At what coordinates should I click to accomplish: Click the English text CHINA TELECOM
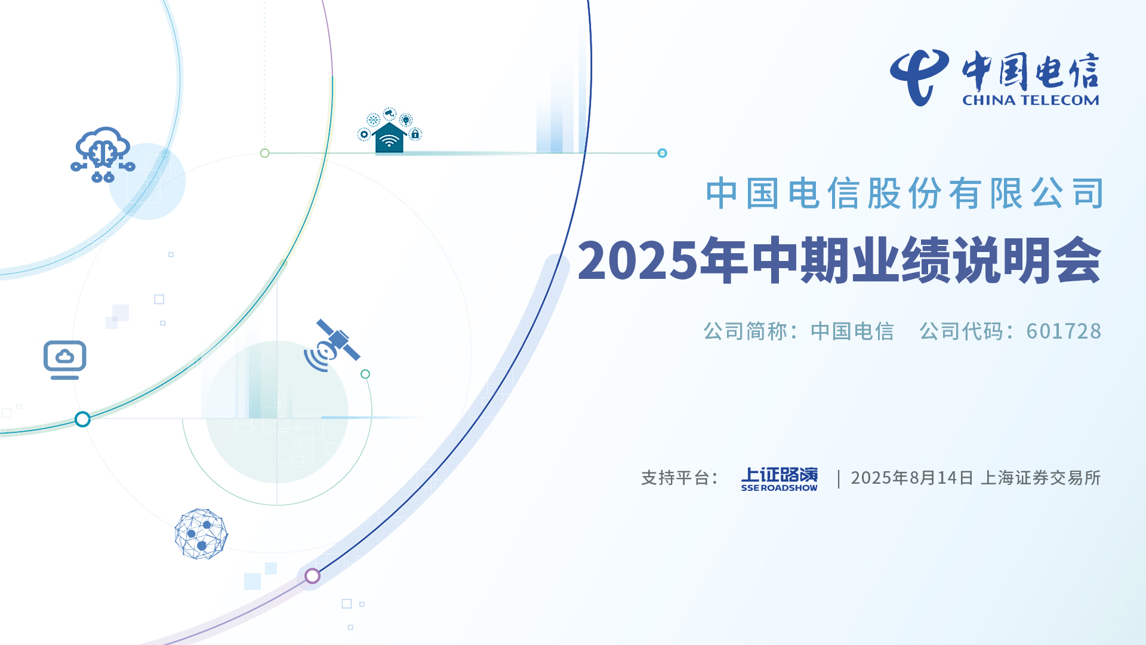click(1031, 100)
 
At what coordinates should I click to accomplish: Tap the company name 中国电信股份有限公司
click(904, 193)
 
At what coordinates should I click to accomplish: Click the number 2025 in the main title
click(637, 260)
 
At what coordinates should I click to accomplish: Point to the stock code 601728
click(1064, 331)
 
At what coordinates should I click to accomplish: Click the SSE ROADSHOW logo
click(780, 479)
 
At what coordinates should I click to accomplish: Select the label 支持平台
click(675, 478)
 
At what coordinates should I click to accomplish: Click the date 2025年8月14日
click(912, 478)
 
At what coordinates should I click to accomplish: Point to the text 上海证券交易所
click(1041, 478)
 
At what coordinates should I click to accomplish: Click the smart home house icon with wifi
click(389, 131)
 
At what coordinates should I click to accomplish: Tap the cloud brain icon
click(103, 155)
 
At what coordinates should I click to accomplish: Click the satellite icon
click(332, 345)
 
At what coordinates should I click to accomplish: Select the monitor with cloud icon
click(65, 360)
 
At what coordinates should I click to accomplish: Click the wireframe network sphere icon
click(201, 534)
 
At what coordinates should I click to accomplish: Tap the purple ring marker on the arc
click(312, 576)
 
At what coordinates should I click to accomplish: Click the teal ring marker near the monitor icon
click(82, 419)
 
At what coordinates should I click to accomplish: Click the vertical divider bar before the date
click(839, 478)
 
